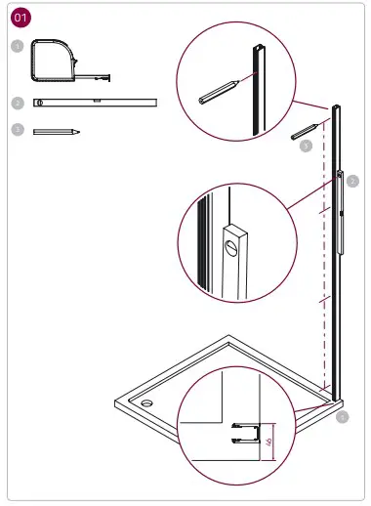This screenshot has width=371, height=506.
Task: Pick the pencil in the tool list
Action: tap(56, 130)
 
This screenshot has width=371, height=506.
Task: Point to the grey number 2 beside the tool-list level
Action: tap(18, 102)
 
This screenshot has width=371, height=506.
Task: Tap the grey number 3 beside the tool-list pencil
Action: tap(18, 129)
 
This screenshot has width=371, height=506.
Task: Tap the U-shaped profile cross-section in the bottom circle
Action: tap(245, 433)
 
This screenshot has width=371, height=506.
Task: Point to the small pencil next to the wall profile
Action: tap(306, 131)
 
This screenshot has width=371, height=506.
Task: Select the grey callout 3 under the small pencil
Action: tap(306, 147)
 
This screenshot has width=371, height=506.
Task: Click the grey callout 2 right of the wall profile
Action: tap(352, 181)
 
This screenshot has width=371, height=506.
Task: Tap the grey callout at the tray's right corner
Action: tap(341, 417)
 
